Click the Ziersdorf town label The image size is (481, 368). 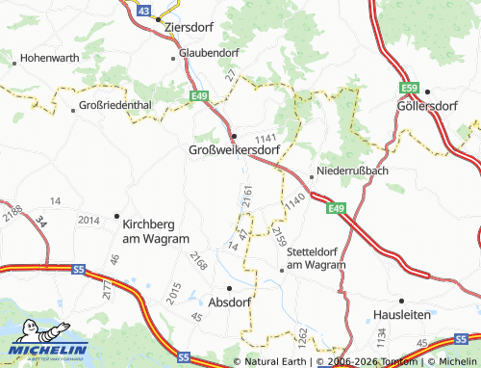189,27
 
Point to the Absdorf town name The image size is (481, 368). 229,301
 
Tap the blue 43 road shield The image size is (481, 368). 143,9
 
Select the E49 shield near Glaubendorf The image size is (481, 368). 199,95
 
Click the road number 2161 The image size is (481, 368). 248,197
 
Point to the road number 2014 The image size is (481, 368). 89,221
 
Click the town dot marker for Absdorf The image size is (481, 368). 229,287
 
